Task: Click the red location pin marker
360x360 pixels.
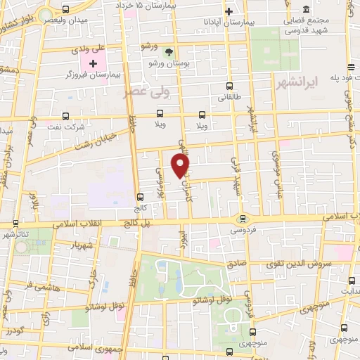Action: tap(181, 165)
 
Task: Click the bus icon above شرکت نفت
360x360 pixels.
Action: tap(65, 116)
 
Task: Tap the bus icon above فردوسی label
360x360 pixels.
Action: tap(243, 219)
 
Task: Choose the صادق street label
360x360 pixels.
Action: tap(242, 259)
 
